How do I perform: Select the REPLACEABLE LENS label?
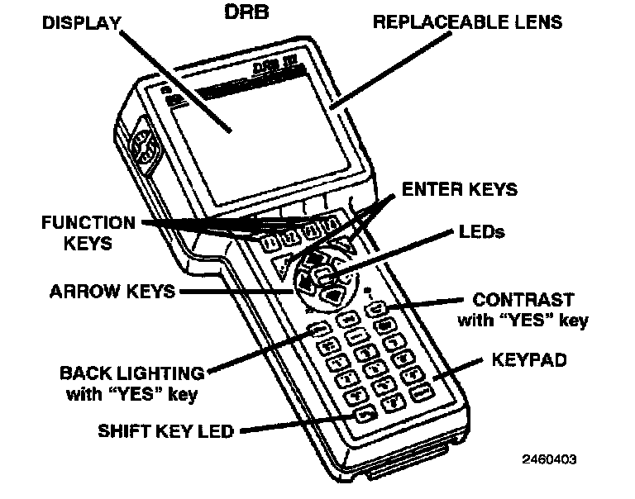(467, 21)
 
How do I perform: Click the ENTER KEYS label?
(459, 189)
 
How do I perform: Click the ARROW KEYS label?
(112, 290)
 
